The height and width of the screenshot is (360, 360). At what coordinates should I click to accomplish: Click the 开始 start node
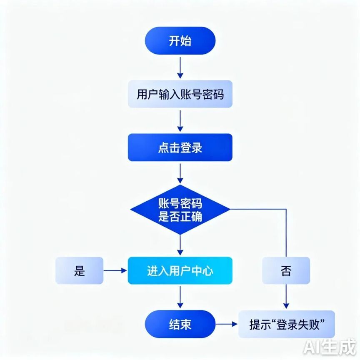pos(180,41)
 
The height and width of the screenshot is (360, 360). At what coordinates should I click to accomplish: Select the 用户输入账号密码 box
pos(180,94)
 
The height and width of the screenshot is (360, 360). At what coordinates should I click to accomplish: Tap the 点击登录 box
pos(180,147)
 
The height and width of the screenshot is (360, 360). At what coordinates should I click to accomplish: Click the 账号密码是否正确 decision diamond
pos(180,210)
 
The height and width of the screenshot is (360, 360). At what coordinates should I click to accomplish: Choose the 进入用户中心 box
pos(180,270)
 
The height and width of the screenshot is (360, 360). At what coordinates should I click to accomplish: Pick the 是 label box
pos(80,270)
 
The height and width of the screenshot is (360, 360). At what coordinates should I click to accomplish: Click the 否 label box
pos(286,270)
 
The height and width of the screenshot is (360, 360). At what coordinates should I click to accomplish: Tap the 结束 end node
pos(180,324)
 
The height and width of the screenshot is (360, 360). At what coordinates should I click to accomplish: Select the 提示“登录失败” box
pos(287,324)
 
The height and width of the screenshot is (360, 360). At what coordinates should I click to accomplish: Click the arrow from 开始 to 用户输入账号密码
pos(180,68)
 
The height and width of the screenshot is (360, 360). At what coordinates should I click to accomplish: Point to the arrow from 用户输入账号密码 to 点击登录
pos(180,121)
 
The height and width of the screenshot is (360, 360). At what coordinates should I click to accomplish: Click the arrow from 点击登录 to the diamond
pos(180,174)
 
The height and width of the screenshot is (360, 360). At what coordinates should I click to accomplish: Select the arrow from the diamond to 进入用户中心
pos(180,245)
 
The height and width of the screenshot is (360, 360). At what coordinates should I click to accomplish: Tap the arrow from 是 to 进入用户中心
pos(115,270)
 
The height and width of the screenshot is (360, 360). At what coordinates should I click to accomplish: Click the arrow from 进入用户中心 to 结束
pos(180,297)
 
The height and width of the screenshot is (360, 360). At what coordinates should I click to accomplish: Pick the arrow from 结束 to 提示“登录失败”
pos(227,324)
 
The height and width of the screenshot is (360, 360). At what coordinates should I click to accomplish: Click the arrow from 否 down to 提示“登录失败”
pos(286,297)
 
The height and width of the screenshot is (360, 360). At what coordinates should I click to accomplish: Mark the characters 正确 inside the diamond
pos(191,216)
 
